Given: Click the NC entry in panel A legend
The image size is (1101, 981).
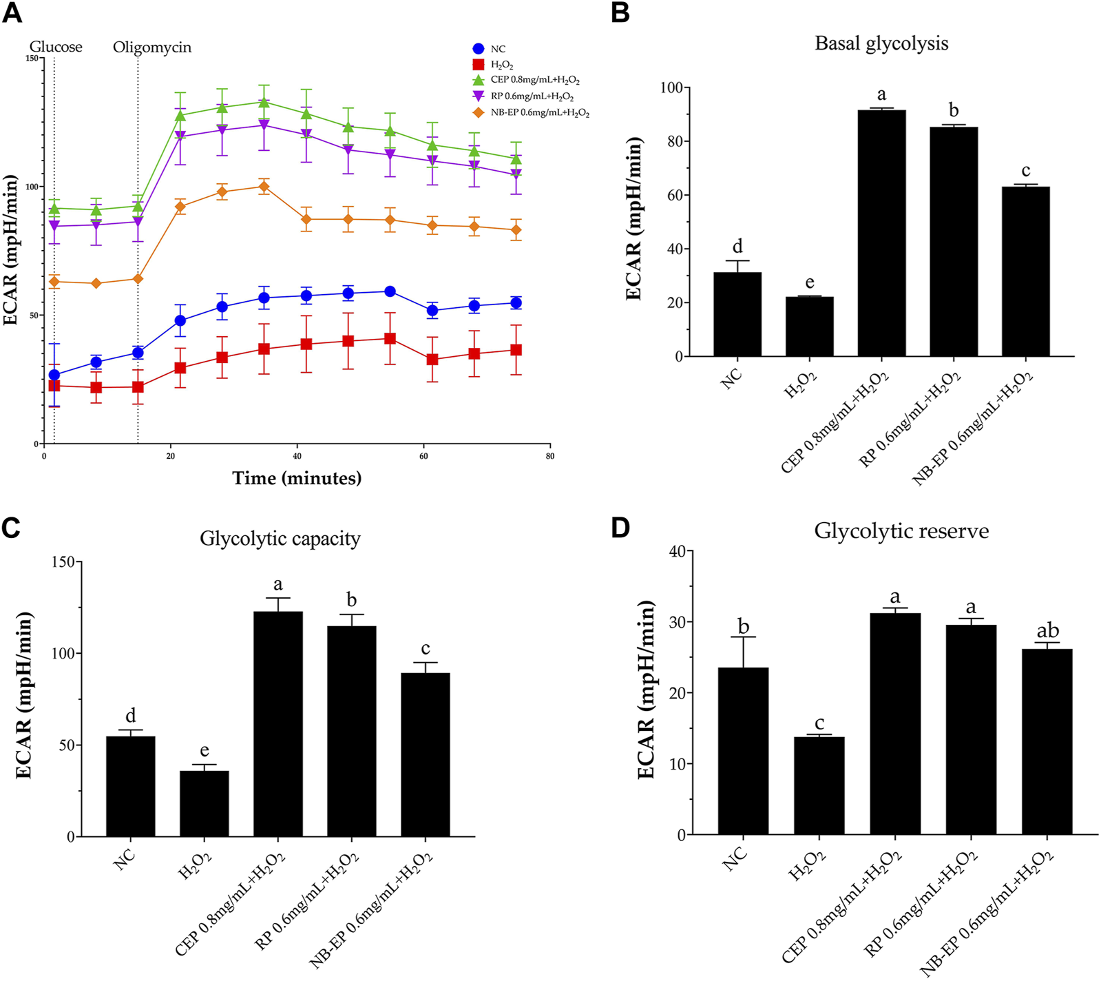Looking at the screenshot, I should coord(497,49).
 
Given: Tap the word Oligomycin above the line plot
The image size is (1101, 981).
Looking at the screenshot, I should coord(152,48).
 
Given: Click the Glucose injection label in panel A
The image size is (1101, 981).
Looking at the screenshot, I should coord(56,47).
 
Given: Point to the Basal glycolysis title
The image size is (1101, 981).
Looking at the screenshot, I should coord(881,43).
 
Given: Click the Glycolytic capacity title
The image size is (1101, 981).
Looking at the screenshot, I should coord(280,538).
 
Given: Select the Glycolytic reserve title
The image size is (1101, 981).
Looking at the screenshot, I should coord(901,531).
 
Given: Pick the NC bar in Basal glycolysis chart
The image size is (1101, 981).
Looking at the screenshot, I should coord(737,314).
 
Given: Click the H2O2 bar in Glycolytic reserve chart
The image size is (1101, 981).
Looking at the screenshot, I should coord(819,785).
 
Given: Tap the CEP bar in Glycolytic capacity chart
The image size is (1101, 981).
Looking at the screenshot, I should coord(278,723).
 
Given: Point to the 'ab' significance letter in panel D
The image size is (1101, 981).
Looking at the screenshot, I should coord(1048,631).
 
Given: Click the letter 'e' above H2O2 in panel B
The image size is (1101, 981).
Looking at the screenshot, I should coord(810,282).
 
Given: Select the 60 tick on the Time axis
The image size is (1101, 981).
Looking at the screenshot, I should coord(423,456).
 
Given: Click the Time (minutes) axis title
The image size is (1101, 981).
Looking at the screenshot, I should coord(297,478).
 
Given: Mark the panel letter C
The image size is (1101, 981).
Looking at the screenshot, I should coord(11,528).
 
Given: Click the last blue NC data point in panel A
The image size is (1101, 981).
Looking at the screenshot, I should coord(516,303).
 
